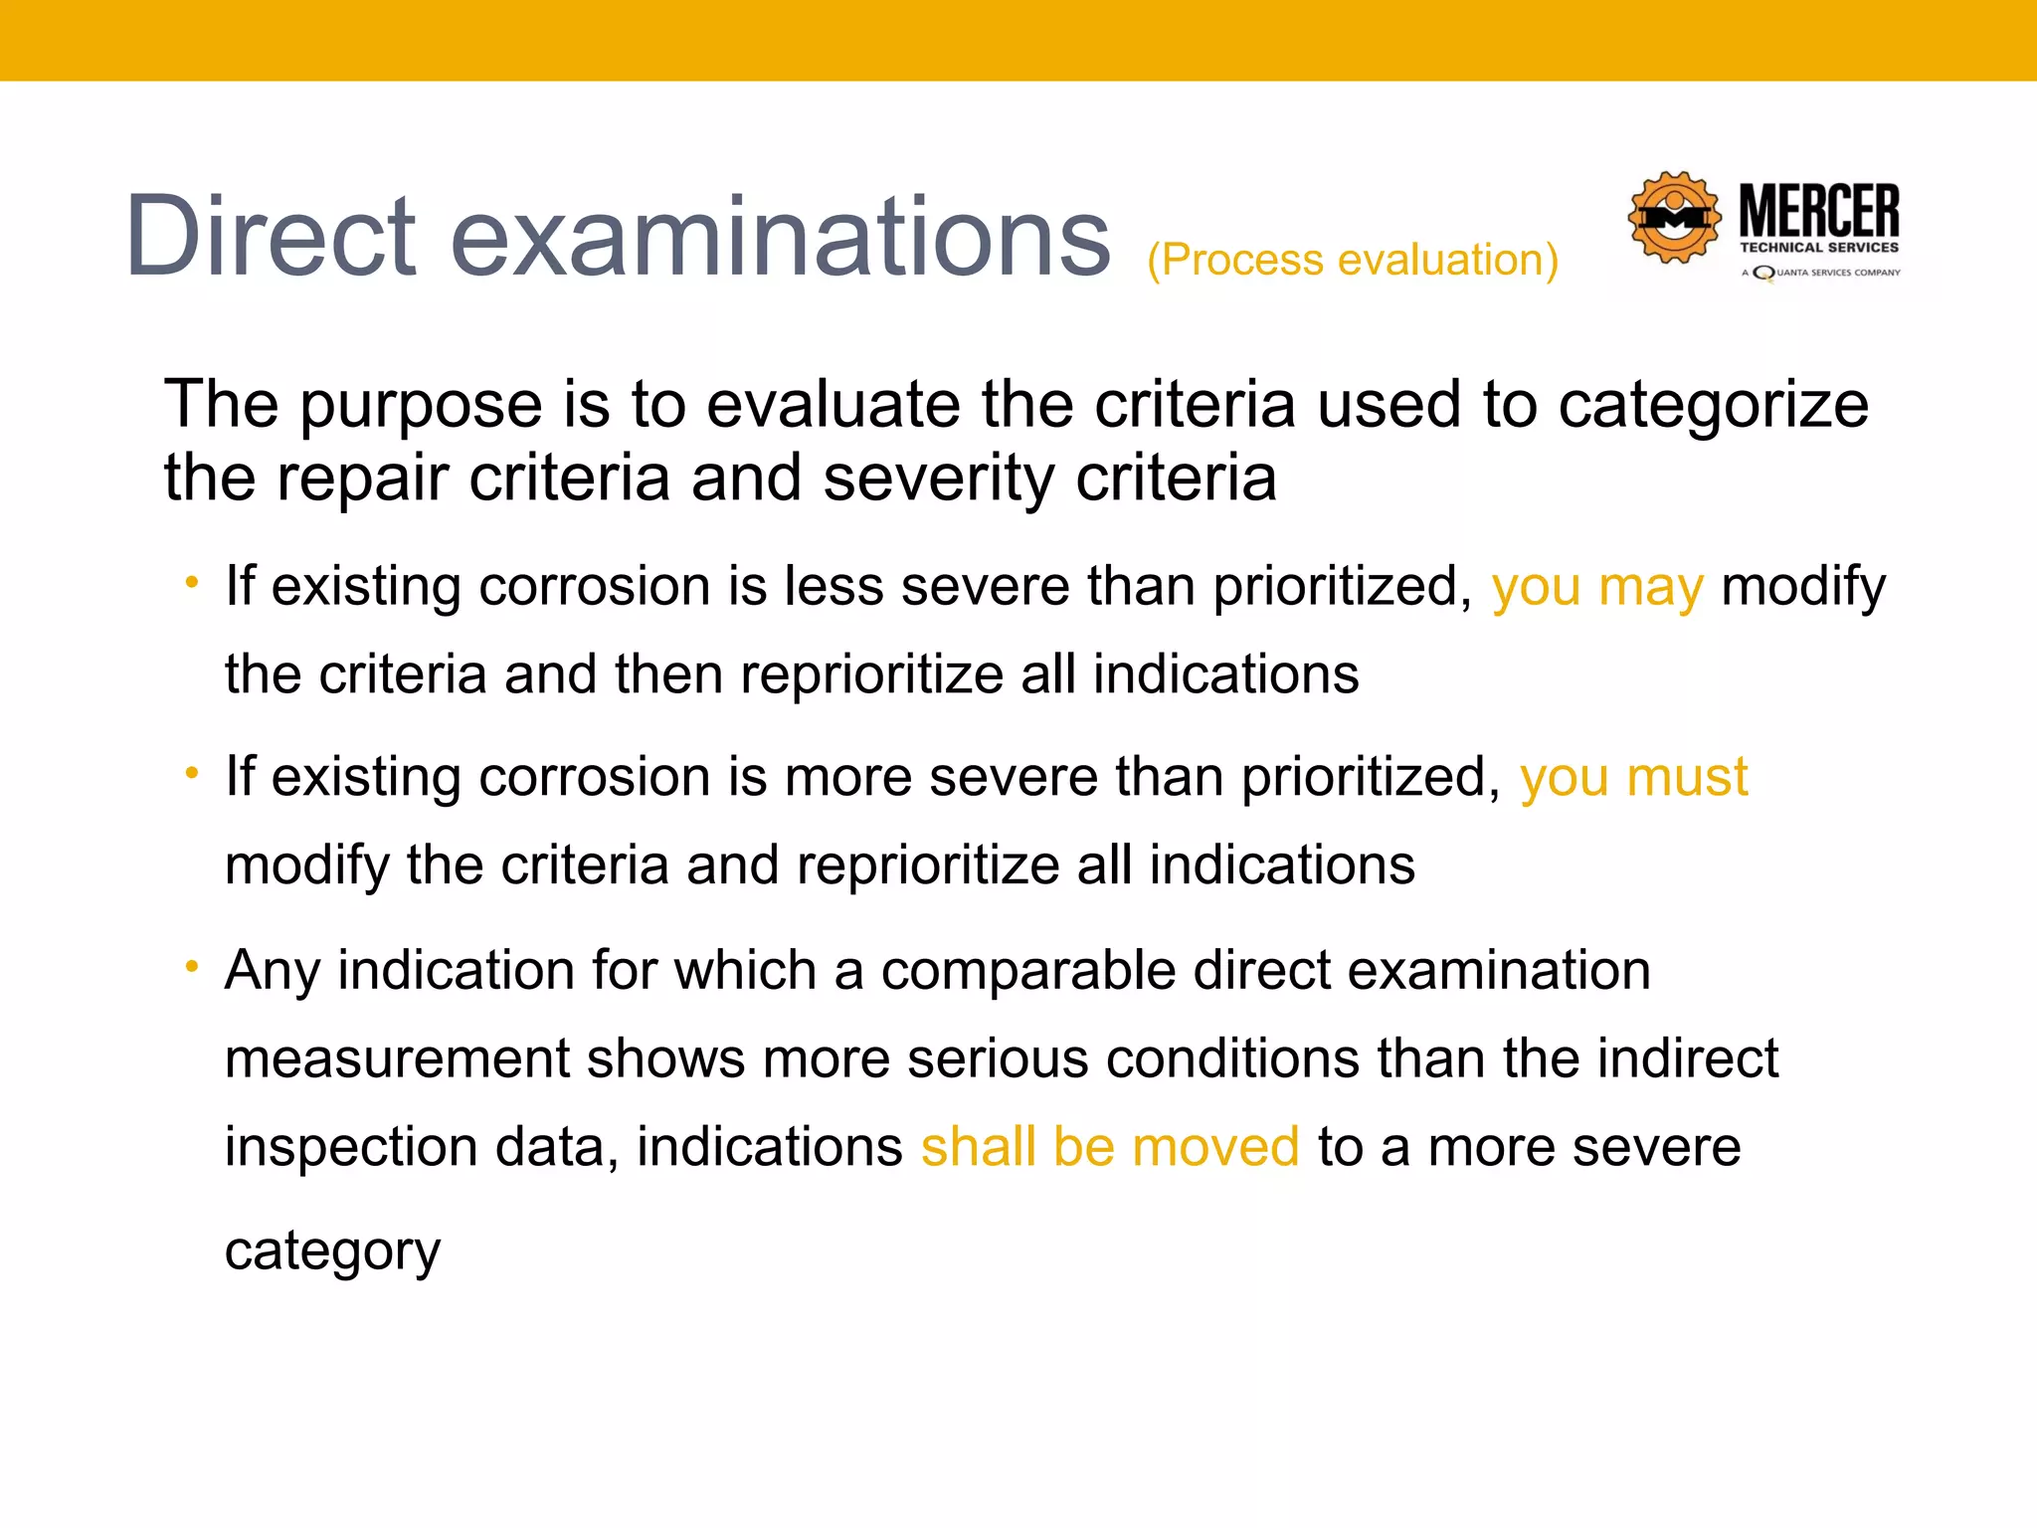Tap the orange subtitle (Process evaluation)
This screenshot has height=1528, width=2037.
pos(1353,261)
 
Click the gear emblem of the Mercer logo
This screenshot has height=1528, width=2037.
pos(1674,218)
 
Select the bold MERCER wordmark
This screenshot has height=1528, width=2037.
pos(1819,211)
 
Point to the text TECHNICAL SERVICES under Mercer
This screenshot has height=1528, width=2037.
pos(1819,248)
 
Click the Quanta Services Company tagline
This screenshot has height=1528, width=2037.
pos(1821,273)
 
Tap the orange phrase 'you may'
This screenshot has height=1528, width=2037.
pos(1597,586)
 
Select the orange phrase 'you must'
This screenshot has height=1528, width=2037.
pos(1633,777)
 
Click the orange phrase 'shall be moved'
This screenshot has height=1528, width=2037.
pos(1110,1147)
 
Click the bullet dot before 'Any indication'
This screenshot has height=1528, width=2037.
pos(192,966)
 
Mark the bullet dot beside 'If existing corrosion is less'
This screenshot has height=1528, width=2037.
pos(192,582)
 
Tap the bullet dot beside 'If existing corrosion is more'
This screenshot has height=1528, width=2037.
pos(192,773)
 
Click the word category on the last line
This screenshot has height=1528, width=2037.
pos(332,1251)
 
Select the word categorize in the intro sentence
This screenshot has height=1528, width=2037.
pos(1713,406)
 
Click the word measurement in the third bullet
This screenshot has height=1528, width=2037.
pos(397,1058)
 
